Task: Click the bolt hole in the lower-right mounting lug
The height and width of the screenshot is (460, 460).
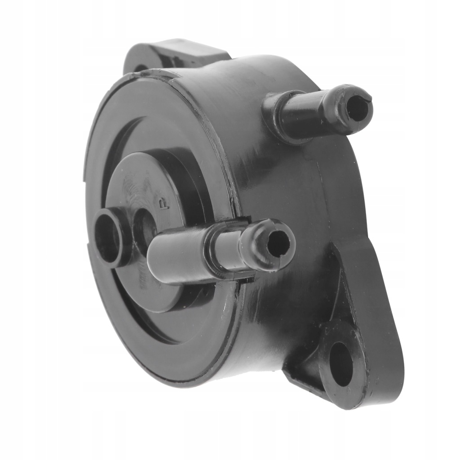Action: [x=341, y=363]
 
